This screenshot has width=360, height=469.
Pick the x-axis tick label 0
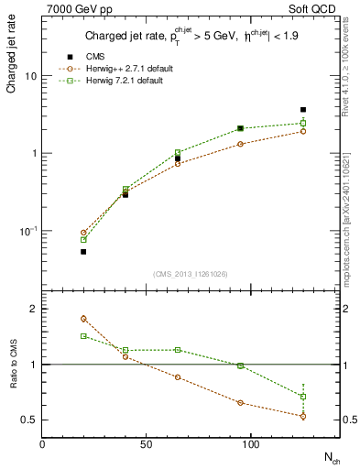pos(42,444)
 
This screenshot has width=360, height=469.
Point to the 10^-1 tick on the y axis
pos(27,231)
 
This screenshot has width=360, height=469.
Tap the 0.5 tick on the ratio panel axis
pos(28,420)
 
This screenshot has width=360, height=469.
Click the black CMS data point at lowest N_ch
pos(83,251)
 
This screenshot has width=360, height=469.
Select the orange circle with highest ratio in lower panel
pos(83,319)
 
